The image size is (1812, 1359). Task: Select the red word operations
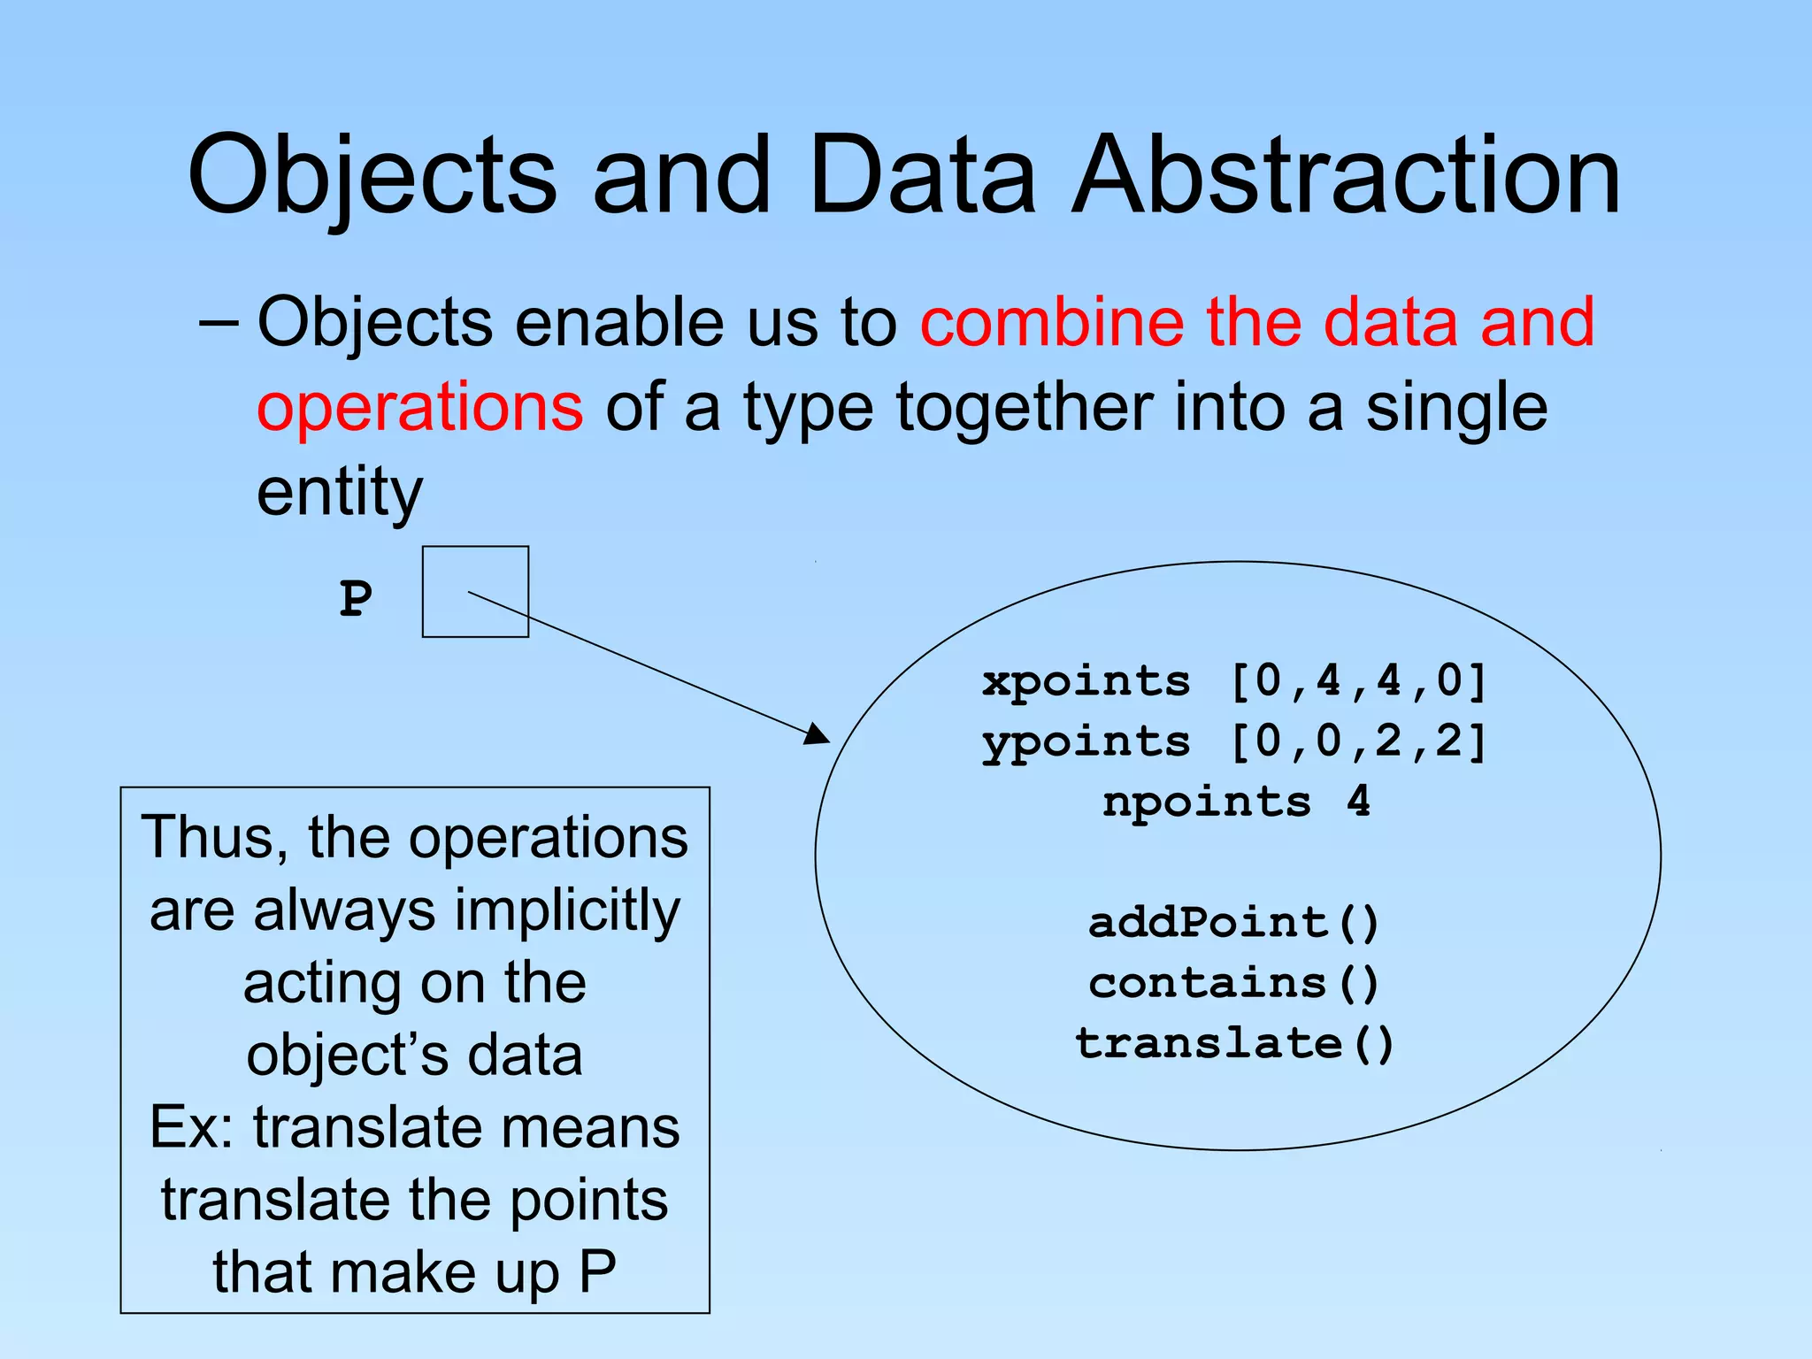point(419,407)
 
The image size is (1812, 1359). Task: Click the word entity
point(339,492)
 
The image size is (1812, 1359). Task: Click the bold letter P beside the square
point(356,599)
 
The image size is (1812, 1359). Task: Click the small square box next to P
point(475,591)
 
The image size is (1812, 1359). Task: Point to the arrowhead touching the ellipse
point(818,734)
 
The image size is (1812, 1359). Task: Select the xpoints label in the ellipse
point(1086,681)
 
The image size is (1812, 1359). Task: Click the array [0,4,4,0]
point(1359,681)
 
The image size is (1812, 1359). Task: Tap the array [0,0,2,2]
point(1359,741)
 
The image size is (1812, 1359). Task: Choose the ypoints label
point(1086,741)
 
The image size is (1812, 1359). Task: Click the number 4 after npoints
point(1358,802)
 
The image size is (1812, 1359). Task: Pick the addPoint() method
point(1234,923)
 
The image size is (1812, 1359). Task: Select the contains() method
point(1234,983)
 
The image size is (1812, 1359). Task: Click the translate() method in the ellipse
point(1234,1043)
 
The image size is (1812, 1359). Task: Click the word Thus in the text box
point(211,837)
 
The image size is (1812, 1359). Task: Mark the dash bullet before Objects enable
point(218,323)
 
